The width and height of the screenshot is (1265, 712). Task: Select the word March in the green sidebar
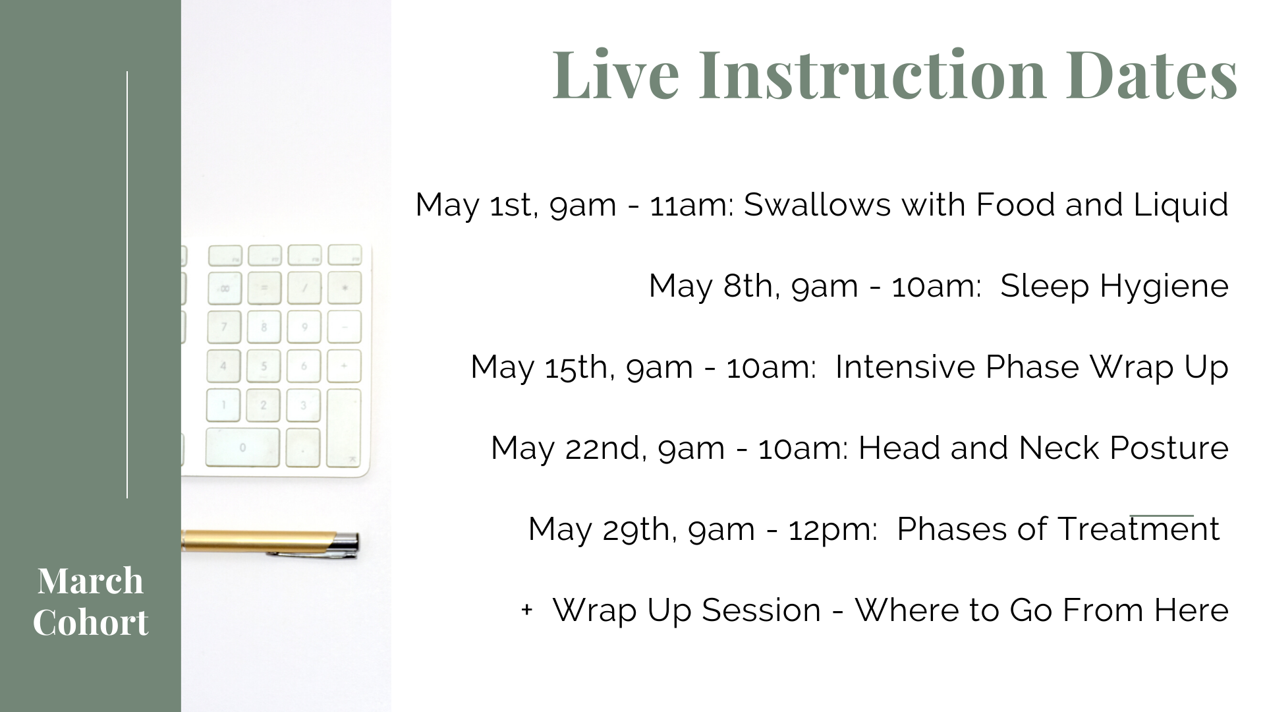coord(90,581)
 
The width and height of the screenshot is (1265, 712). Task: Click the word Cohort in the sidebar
coord(90,622)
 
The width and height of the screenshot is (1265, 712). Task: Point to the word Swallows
coord(817,204)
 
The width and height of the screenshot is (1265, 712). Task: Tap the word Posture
coord(1169,448)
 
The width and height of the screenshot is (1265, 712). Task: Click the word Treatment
coord(1138,529)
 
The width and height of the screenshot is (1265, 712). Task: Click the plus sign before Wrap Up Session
coord(526,610)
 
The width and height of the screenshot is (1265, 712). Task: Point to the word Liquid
coord(1181,204)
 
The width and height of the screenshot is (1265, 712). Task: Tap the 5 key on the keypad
coord(264,366)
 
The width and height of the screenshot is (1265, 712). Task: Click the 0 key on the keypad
coord(242,448)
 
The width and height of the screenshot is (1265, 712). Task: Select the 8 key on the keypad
coord(264,326)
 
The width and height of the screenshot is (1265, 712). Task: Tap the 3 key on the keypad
coord(303,405)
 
